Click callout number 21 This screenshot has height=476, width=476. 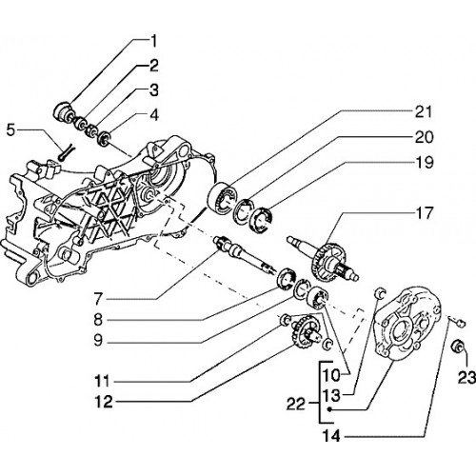424,112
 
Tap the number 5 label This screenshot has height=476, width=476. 11,130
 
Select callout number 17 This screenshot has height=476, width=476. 425,213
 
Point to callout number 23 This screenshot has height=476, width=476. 466,378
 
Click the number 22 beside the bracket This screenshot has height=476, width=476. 296,405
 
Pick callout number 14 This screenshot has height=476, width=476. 331,436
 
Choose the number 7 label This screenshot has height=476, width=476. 98,299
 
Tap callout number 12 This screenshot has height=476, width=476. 104,402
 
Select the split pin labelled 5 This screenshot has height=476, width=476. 66,151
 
